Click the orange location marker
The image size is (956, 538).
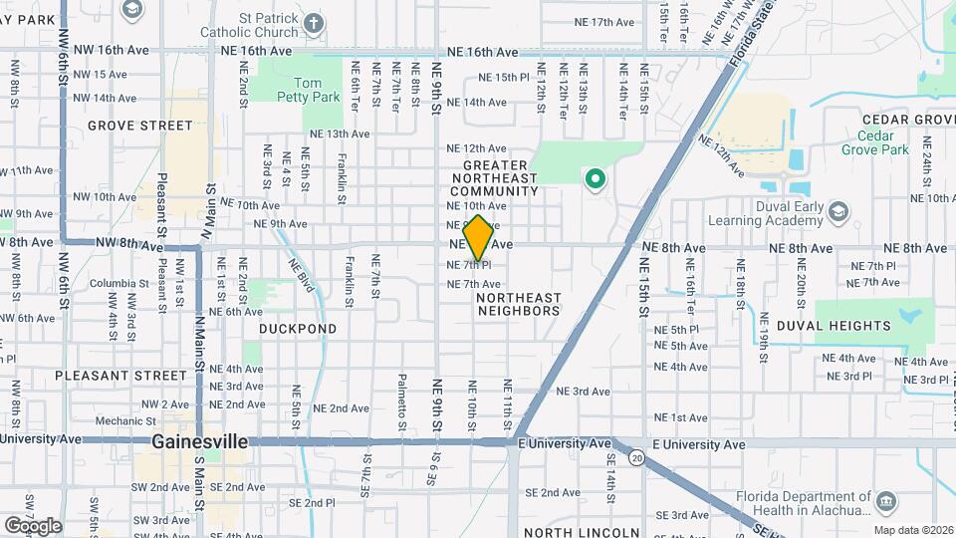[478, 237]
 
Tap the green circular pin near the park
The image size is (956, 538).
[596, 180]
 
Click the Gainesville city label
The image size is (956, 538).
[200, 440]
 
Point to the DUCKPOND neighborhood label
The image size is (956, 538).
[298, 328]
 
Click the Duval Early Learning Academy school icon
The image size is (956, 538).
[839, 211]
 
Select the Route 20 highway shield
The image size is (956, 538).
[636, 456]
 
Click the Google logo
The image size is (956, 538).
[33, 525]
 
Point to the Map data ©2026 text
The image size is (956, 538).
[913, 529]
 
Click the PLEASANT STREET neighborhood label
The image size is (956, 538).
[120, 376]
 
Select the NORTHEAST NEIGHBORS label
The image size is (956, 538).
[518, 304]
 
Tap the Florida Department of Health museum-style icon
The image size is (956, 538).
[884, 499]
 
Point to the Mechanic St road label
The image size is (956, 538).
[119, 421]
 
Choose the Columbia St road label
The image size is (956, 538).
[119, 283]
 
